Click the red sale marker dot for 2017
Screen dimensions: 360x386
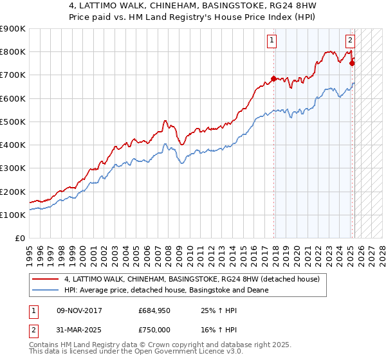274,79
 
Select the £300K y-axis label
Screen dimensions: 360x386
13,168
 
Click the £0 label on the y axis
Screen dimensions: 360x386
19,239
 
